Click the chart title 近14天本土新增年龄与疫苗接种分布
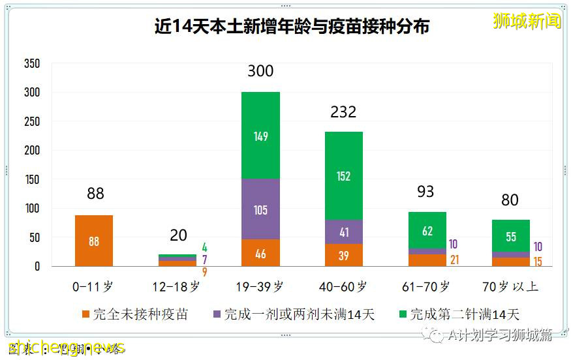[x=292, y=27]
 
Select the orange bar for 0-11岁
[x=94, y=241]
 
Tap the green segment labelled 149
[x=260, y=136]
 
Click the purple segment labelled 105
[x=260, y=209]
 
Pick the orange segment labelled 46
[x=260, y=253]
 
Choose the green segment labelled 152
[x=344, y=176]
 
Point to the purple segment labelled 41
[x=344, y=232]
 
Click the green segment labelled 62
[x=427, y=230]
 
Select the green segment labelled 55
[x=511, y=236]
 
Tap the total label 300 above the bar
[x=260, y=71]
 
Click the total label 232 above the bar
[x=344, y=112]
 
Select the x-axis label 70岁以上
[x=511, y=286]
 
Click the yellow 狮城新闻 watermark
[x=527, y=21]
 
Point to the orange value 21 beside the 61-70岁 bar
[x=455, y=260]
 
